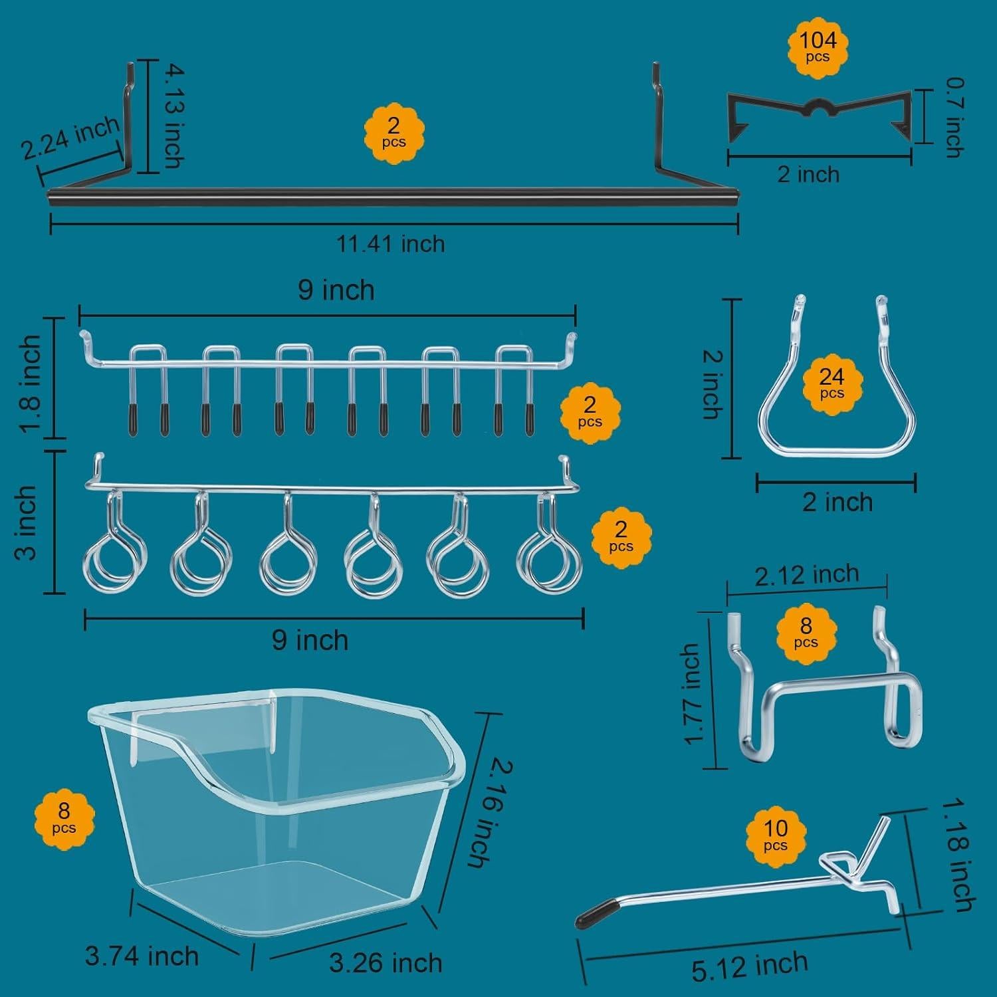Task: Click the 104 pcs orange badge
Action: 818,46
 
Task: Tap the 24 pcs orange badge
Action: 831,382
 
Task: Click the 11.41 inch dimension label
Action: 390,244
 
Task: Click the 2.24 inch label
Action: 70,138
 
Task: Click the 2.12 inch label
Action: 806,574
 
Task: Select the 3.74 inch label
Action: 142,956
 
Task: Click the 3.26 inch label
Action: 386,962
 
